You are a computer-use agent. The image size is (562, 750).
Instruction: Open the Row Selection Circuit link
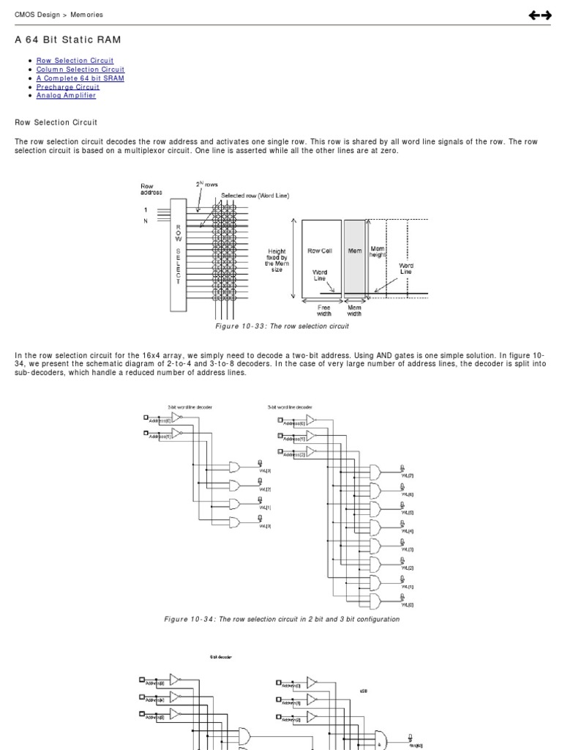75,61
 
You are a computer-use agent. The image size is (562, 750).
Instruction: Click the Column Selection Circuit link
80,70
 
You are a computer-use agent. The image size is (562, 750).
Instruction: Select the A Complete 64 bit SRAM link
80,78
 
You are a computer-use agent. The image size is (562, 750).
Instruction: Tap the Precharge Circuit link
68,87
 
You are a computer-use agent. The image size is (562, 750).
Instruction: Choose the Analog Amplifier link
66,96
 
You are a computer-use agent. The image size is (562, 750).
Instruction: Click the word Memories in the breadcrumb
86,15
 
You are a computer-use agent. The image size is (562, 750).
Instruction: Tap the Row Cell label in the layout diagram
320,251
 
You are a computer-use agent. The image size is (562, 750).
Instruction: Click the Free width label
323,311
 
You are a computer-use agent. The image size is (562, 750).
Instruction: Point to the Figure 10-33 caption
282,327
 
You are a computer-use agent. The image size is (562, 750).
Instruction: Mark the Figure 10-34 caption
282,619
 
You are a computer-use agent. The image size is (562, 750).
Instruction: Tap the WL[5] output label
408,513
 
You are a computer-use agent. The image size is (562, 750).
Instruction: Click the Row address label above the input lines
151,189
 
